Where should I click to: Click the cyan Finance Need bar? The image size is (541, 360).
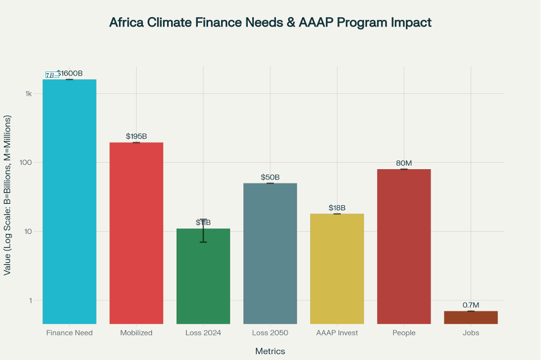pos(69,202)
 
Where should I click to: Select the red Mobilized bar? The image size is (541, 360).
pos(136,233)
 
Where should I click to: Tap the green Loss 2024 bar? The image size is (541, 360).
pos(203,278)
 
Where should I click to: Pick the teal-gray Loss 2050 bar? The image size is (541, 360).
pos(270,253)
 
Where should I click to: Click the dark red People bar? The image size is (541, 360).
pos(404,246)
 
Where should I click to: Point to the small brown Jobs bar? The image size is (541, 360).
pos(471,317)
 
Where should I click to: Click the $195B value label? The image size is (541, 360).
pos(136,136)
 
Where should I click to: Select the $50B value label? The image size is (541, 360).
pos(270,177)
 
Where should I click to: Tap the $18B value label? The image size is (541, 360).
pos(337,208)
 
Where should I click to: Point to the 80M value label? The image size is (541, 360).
pos(404,164)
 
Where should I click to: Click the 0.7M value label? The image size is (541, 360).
pos(471,305)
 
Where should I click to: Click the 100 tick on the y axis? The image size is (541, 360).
pos(25,162)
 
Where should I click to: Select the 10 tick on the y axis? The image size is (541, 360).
pos(27,232)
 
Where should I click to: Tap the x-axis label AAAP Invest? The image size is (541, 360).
pos(337,333)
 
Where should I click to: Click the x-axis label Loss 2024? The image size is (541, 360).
pos(203,333)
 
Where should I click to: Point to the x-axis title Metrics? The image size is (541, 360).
pos(270,351)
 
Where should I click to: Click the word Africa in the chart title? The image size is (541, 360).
pos(128,23)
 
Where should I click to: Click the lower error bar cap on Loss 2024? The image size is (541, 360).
pos(203,242)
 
